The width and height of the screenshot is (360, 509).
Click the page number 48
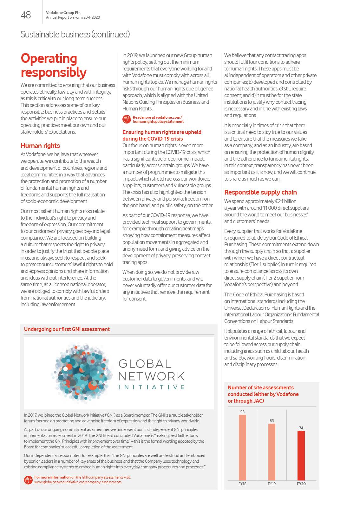[26, 15]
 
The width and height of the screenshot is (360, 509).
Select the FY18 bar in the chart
[242, 447]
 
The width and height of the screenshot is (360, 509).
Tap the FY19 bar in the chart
[272, 452]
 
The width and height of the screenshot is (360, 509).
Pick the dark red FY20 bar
[301, 455]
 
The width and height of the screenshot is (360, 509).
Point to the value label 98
[242, 412]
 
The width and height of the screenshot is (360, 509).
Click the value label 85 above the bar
[272, 420]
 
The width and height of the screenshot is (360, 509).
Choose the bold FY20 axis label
[301, 484]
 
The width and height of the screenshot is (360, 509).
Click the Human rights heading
[40, 146]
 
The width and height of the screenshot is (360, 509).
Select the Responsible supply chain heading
[260, 192]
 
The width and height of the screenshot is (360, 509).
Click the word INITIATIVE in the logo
[151, 387]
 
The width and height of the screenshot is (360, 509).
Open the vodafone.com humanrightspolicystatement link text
[158, 119]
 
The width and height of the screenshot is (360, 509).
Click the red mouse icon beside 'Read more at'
[127, 119]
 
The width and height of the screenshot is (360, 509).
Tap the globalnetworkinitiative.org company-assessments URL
[78, 482]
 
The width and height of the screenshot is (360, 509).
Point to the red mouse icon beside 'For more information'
[28, 480]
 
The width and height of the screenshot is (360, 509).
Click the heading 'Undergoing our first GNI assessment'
[67, 329]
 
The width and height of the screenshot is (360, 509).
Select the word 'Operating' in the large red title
[49, 59]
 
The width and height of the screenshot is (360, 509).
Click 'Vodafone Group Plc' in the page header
[63, 13]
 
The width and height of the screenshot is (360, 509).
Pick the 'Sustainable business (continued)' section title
[75, 34]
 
